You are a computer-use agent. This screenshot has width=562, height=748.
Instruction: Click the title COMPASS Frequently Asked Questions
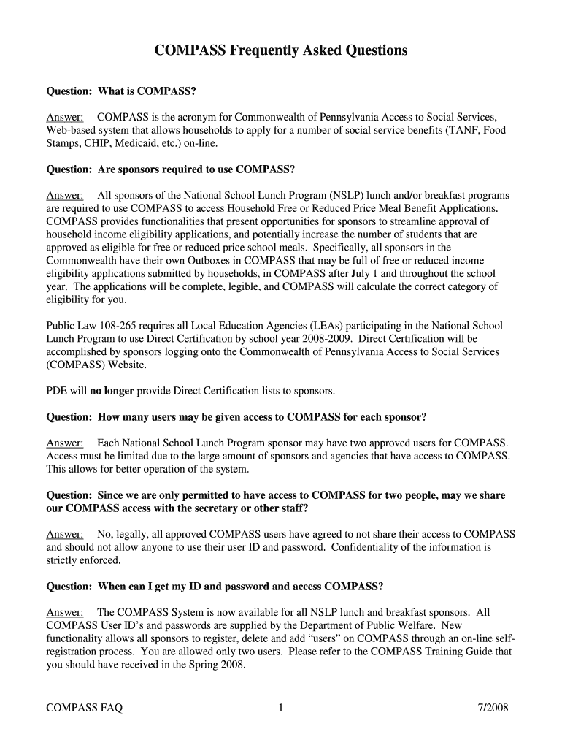281,50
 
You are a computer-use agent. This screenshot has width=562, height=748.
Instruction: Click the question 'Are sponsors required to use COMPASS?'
171,169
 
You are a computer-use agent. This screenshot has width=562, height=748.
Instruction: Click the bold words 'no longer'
112,391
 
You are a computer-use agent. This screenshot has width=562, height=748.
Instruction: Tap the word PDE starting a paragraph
56,391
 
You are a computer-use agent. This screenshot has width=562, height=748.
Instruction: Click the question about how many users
236,417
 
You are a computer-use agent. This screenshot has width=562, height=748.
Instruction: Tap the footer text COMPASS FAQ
85,707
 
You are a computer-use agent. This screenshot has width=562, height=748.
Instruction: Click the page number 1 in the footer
281,707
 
